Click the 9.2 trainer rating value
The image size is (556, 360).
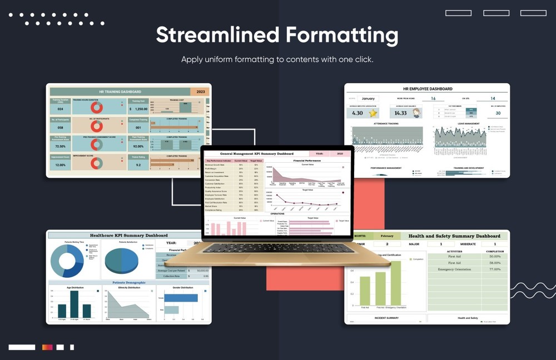137,165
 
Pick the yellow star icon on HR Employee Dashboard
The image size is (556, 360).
373,113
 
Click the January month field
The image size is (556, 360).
368,98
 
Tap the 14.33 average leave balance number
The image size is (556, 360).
401,113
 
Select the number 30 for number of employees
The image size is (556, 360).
498,113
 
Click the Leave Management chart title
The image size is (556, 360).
464,124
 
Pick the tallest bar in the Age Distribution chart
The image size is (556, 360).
74,304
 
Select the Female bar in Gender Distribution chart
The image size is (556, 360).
181,298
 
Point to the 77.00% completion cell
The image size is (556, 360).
494,269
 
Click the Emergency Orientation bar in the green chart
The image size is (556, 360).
395,283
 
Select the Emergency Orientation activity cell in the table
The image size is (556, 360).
454,269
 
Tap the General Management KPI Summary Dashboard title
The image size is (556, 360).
256,153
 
